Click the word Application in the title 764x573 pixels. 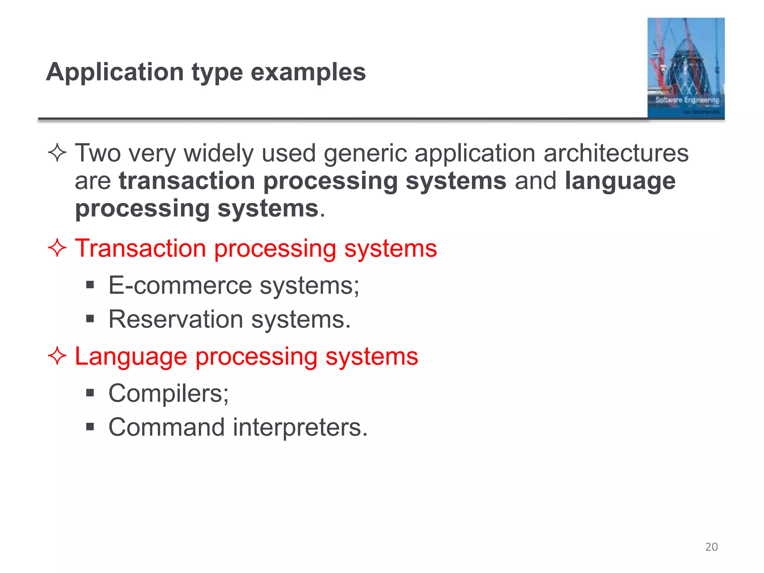point(115,72)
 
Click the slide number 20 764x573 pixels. point(711,547)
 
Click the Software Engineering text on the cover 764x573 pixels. point(687,100)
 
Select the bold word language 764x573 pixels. point(620,182)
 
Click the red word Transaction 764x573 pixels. point(140,248)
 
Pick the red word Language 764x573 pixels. point(131,357)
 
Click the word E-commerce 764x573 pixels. point(180,285)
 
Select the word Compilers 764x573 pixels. point(166,393)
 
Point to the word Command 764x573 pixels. point(166,427)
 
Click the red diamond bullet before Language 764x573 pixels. point(57,356)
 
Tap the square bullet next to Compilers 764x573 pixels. point(90,393)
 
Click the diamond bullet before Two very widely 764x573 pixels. point(57,153)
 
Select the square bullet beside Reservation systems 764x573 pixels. point(90,319)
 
